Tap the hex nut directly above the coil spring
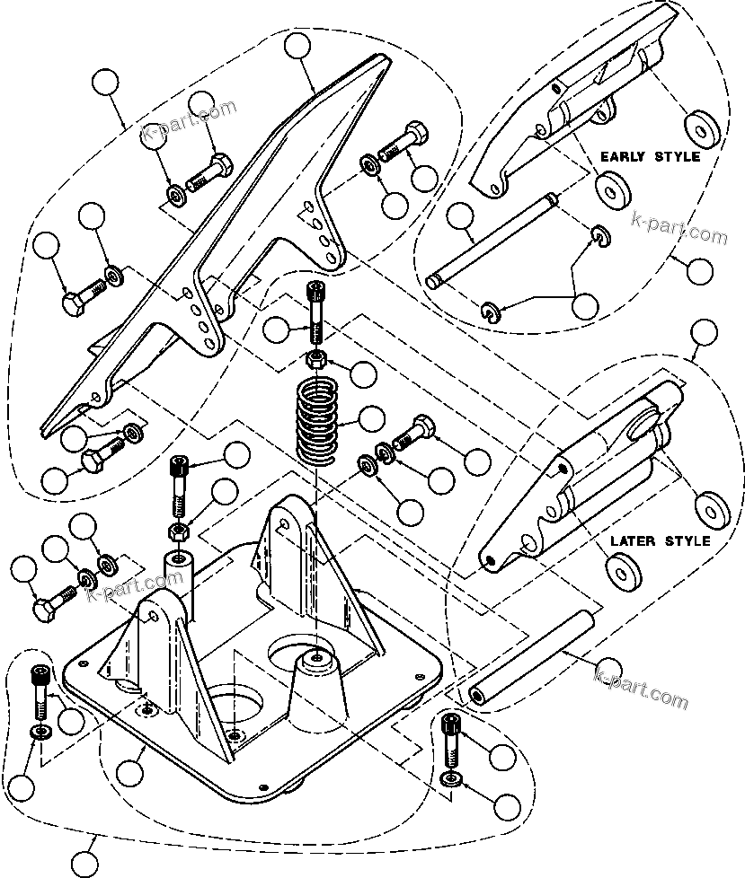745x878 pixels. coord(316,361)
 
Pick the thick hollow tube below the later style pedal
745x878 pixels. coord(530,656)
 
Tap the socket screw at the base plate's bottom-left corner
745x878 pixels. coord(38,687)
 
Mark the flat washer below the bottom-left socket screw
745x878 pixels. coord(39,733)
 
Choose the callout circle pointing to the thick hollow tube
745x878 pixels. coord(609,669)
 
